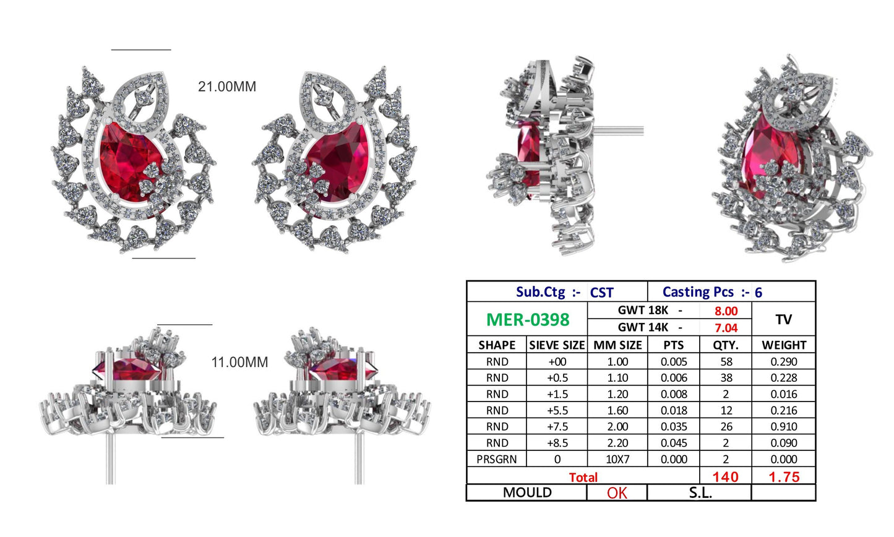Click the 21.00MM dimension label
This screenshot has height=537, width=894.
coord(226,86)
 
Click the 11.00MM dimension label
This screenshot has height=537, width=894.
coord(239,363)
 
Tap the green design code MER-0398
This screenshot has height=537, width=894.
coord(528,320)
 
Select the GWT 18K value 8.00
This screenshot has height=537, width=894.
coord(726,311)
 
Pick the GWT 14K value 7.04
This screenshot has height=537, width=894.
coord(726,328)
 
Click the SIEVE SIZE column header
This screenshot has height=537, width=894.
coord(557,345)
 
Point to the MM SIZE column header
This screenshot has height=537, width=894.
coord(617,345)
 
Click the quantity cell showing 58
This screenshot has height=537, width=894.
coord(726,362)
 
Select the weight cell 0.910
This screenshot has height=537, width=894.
coord(783,427)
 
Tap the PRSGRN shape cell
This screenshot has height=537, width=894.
coord(496,460)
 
